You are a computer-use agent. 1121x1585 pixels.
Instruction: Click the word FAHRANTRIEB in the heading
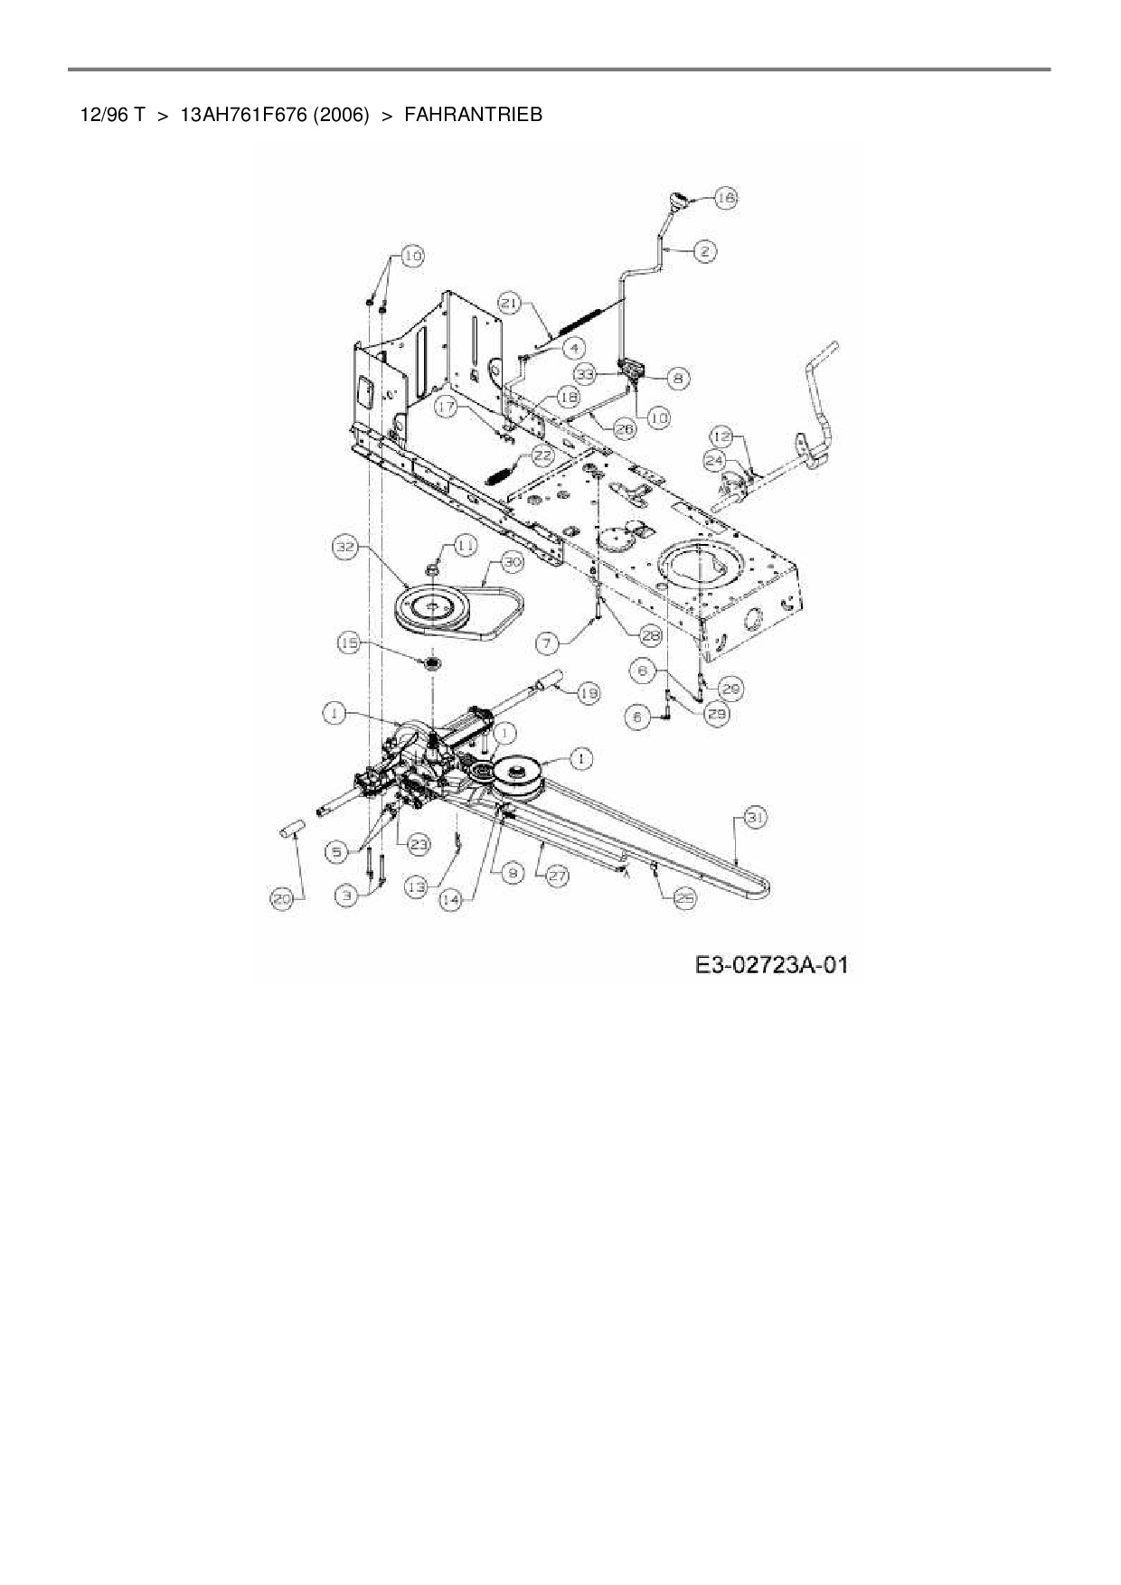click(473, 115)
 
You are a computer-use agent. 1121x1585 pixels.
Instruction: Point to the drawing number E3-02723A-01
click(771, 965)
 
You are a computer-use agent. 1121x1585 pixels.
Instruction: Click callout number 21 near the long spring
click(510, 305)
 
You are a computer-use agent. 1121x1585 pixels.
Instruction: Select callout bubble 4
click(573, 347)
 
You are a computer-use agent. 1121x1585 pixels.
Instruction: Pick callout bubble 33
click(585, 372)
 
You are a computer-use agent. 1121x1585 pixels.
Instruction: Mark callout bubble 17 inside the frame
click(447, 408)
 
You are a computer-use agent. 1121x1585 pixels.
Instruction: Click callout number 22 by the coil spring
click(542, 455)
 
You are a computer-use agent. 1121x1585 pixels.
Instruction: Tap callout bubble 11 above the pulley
click(464, 545)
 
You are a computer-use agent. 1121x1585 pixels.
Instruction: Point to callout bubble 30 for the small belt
click(513, 562)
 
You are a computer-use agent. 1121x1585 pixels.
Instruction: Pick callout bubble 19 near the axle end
click(589, 693)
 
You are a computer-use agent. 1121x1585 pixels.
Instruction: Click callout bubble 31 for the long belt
click(756, 818)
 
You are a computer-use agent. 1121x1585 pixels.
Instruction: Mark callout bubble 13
click(416, 888)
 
